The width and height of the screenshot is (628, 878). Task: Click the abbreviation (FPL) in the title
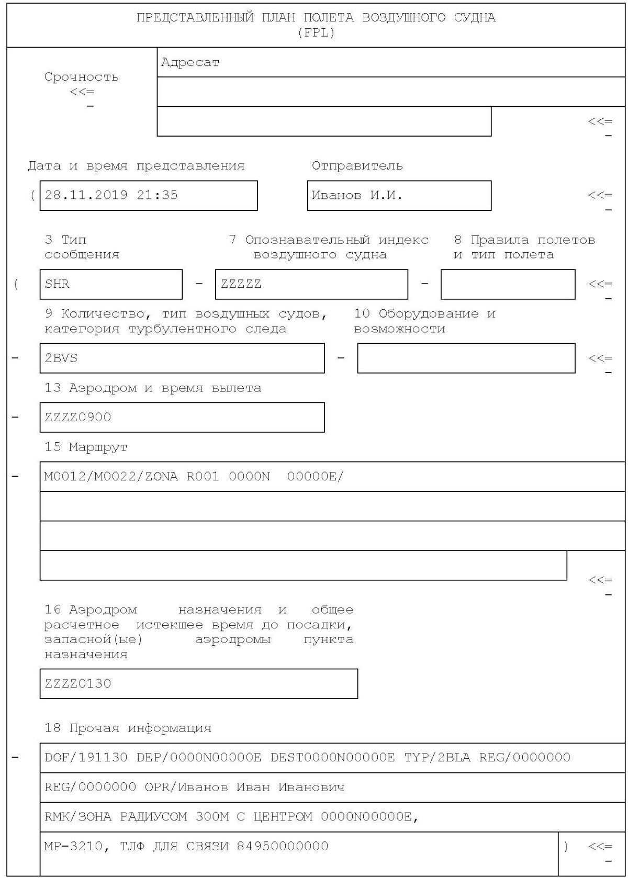316,33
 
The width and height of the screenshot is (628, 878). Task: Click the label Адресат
190,63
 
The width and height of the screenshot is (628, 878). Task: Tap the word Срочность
82,77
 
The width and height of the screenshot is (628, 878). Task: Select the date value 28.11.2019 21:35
111,195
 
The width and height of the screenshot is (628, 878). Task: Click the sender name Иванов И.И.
357,196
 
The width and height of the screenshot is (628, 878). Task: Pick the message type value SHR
57,284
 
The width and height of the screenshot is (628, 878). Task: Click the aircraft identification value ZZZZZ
241,284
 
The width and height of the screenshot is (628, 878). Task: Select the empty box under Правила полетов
508,284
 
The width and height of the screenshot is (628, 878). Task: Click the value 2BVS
61,358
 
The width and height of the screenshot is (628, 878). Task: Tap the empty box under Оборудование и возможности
466,358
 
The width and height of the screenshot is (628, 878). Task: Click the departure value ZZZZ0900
78,418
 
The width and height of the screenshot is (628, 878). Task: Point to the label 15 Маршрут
86,447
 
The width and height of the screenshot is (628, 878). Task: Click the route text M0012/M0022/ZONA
111,477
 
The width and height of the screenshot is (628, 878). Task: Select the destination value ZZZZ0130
78,684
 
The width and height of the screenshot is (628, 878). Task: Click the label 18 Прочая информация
128,728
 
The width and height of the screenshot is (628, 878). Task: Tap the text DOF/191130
86,758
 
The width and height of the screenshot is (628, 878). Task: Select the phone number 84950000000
283,847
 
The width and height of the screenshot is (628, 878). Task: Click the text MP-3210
73,847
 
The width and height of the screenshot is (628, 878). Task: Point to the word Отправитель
357,166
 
